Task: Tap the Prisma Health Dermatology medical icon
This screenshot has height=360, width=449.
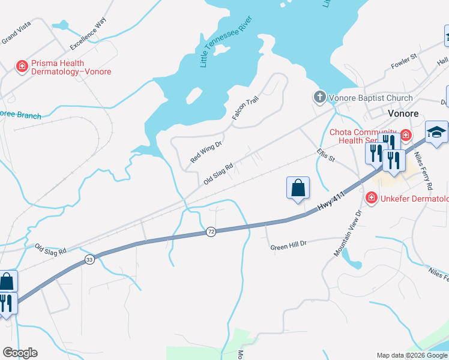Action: (22, 67)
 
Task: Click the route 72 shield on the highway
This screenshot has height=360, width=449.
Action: (211, 232)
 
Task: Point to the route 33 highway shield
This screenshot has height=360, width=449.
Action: (89, 259)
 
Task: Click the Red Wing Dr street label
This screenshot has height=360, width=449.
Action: (206, 152)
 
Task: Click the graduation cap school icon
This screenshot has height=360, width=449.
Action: (436, 133)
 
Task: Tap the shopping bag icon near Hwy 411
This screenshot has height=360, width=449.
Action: (298, 188)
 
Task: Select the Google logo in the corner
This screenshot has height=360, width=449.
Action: (20, 353)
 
